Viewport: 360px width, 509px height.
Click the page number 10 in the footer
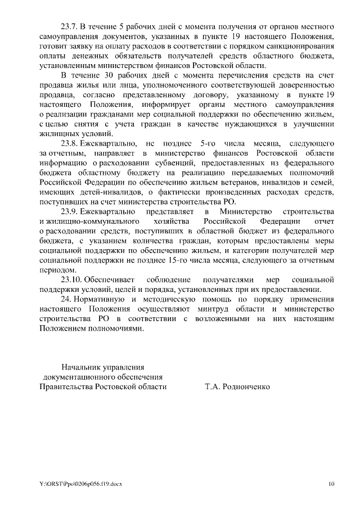(x=332, y=483)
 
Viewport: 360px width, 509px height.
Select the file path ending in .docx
(x=80, y=483)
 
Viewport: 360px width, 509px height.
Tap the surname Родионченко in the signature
(x=248, y=387)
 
